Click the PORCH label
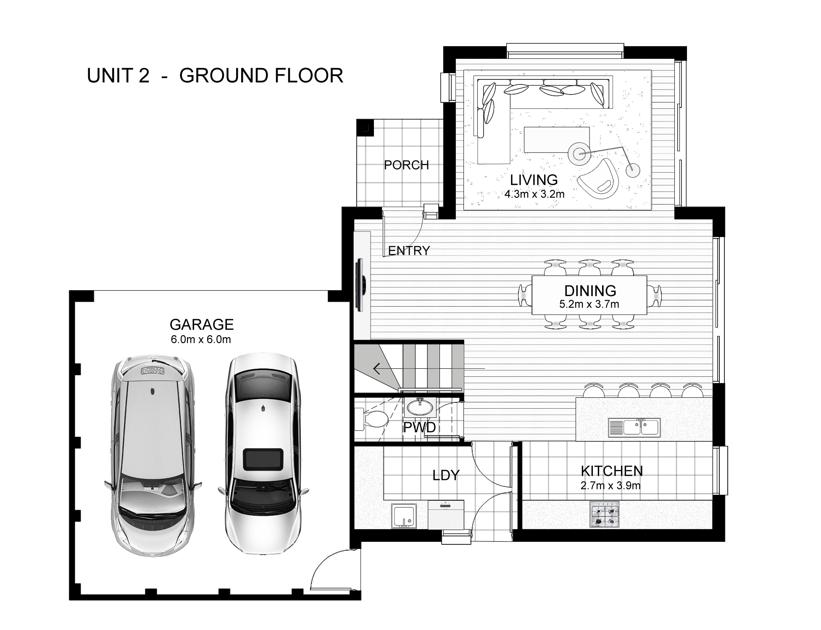click(x=406, y=165)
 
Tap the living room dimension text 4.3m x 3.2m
click(x=534, y=194)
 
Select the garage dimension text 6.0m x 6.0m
click(x=201, y=339)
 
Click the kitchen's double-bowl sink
click(x=634, y=427)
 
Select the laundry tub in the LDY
click(x=404, y=516)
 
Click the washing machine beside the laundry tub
click(x=446, y=514)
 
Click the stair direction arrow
click(x=377, y=369)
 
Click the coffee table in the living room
click(x=557, y=140)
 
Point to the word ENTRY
click(x=409, y=251)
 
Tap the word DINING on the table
click(x=590, y=291)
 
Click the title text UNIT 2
click(x=118, y=76)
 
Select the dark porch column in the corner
click(x=365, y=127)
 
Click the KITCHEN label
click(x=611, y=471)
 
